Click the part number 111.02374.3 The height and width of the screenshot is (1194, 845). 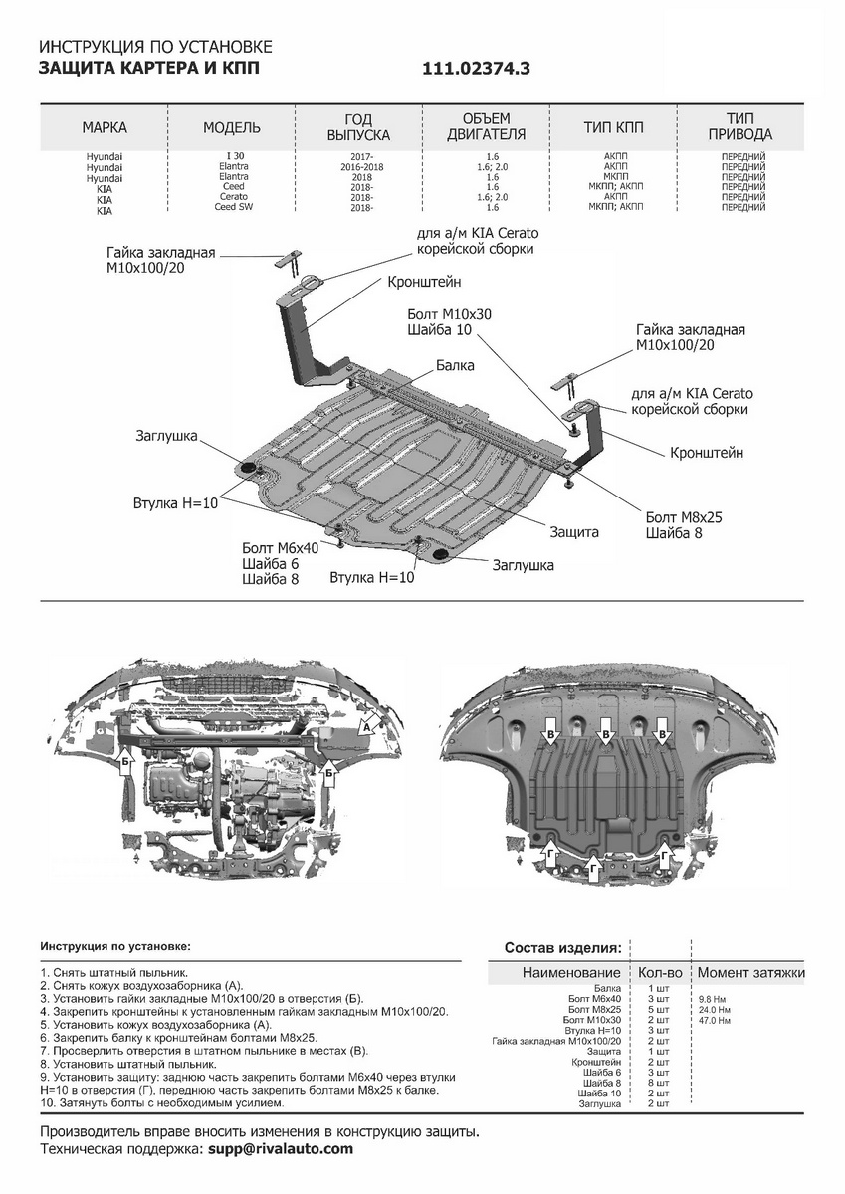click(477, 69)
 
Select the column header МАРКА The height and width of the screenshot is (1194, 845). click(105, 128)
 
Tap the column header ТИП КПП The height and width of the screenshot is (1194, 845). click(613, 128)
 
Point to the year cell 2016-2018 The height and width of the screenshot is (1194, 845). click(360, 167)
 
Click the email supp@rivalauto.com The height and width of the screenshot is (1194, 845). click(281, 1149)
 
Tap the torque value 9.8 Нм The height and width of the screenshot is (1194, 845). click(713, 998)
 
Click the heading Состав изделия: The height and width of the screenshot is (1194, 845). click(563, 947)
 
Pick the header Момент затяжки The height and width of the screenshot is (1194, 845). click(750, 972)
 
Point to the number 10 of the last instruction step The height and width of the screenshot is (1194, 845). click(46, 1103)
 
